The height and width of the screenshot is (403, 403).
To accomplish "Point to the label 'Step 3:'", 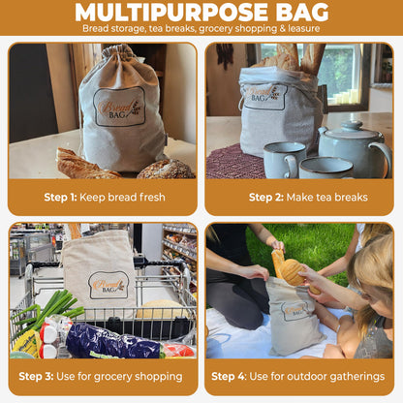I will pos(50,377).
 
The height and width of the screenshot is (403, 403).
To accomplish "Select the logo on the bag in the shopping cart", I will pos(108,284).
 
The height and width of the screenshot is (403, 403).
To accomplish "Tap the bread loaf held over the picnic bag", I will pos(291,269).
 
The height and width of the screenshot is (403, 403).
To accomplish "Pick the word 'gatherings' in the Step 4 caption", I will pos(351,377).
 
